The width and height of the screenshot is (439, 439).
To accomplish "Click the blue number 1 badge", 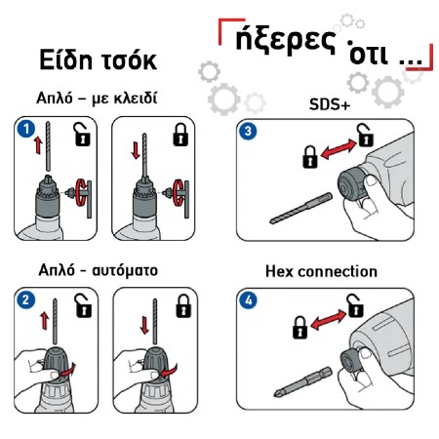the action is [26, 129].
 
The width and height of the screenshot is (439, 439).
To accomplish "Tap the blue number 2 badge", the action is [26, 299].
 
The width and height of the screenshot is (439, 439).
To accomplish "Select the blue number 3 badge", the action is [248, 131].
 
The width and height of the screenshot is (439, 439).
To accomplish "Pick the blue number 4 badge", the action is [248, 299].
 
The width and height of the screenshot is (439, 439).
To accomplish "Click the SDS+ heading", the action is [330, 104].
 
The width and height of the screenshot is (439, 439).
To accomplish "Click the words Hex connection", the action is [321, 271].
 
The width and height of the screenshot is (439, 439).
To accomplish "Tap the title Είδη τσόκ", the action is [99, 60].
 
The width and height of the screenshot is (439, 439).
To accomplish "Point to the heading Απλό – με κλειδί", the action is [97, 98].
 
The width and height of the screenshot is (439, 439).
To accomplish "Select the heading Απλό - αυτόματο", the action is [99, 270].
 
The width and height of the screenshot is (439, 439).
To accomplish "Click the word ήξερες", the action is [285, 41].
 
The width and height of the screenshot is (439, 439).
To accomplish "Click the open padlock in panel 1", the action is [82, 134].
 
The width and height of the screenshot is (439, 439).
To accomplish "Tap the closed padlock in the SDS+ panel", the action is [310, 157].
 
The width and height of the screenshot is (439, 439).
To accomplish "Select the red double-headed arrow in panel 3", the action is [339, 149].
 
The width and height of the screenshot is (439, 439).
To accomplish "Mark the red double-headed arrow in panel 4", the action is [329, 320].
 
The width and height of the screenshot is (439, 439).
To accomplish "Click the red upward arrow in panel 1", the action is [38, 145].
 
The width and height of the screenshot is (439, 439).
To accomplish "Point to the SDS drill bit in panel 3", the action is [301, 208].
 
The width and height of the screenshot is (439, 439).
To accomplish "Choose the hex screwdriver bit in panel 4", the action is [302, 381].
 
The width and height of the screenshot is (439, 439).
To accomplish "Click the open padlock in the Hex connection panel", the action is [355, 305].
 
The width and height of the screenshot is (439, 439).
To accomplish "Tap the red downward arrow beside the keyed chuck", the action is [136, 150].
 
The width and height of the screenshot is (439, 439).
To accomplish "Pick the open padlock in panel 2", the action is [84, 305].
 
